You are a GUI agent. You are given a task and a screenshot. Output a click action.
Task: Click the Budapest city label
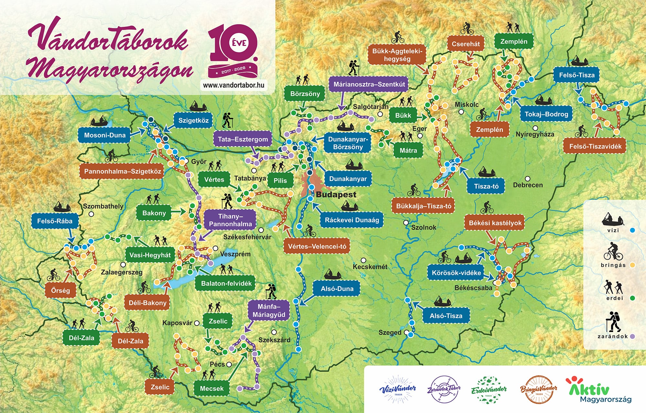(336, 195)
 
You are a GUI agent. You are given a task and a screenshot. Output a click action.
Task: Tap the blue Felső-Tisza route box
(577, 75)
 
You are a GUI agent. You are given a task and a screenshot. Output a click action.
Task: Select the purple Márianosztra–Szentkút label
(369, 85)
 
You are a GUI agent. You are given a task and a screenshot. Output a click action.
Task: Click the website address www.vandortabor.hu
(234, 85)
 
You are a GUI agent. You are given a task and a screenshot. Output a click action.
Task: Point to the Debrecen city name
(528, 185)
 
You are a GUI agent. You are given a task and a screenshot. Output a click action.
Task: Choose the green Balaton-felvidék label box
(226, 284)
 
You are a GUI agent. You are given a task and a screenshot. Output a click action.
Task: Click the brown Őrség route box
(60, 290)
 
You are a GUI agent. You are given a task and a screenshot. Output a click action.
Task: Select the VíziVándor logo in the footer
(398, 389)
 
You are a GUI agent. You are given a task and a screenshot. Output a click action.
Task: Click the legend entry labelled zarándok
(613, 336)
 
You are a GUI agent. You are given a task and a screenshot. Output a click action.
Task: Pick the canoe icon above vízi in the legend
(612, 219)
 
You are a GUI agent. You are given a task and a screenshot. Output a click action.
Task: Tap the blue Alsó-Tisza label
(446, 316)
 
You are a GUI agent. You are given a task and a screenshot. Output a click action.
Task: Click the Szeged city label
(390, 332)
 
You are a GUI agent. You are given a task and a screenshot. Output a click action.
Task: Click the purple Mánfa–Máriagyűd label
(269, 311)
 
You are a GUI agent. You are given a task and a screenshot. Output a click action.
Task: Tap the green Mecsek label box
(212, 388)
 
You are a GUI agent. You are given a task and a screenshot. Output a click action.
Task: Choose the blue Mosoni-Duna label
(105, 135)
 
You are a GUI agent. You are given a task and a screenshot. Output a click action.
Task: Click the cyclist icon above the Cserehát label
(467, 29)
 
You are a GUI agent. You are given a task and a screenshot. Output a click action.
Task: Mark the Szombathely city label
(103, 206)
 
